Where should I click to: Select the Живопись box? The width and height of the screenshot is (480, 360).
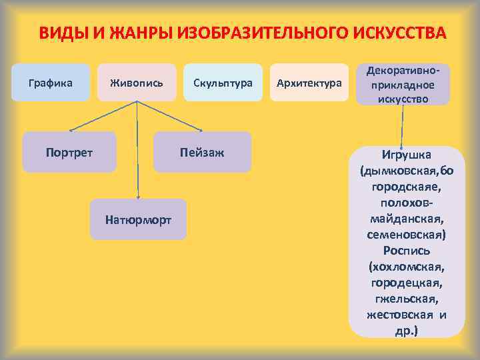click(136, 83)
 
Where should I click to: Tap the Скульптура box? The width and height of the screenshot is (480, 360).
click(223, 83)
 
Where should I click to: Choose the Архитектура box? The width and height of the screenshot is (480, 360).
click(309, 83)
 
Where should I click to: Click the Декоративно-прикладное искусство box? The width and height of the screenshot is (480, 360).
click(403, 84)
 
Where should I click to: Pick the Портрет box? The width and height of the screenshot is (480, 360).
click(69, 152)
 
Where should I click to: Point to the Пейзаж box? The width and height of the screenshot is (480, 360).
click(202, 152)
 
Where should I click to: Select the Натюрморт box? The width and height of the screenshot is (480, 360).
click(138, 219)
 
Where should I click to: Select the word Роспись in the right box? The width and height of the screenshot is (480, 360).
click(407, 251)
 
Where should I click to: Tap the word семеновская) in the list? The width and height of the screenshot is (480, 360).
click(407, 235)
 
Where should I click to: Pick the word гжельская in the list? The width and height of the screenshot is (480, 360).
click(407, 299)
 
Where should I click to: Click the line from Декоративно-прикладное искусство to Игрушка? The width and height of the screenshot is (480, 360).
click(402, 123)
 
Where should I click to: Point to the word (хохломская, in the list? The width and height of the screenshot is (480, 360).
click(407, 267)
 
